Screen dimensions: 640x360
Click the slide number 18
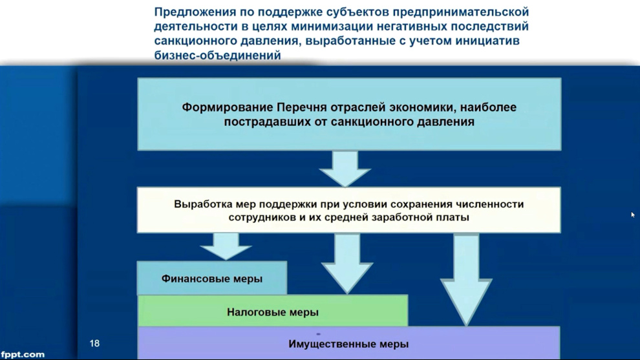point(94,343)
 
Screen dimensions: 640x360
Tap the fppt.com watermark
point(23,354)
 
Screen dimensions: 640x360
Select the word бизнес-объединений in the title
point(218,55)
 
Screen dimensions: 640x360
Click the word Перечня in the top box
point(302,107)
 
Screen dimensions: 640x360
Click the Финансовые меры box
point(212,278)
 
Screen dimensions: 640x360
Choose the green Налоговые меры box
point(273,311)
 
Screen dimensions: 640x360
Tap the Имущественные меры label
point(348,344)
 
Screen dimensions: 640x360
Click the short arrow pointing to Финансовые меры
point(226,246)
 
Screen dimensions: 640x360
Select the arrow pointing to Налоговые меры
point(347,263)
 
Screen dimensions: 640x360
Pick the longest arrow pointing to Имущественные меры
point(466,280)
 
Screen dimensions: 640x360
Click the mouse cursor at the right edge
point(633,215)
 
